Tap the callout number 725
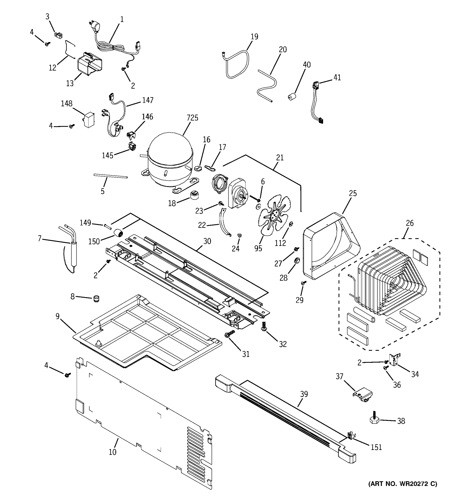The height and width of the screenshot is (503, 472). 192,118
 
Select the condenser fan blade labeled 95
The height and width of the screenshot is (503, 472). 274,215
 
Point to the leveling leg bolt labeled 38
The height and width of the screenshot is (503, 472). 374,420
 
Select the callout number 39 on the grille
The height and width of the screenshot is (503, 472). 304,394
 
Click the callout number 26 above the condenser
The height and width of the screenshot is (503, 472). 409,223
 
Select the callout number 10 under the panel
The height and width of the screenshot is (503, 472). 112,452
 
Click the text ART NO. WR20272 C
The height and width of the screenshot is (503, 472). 402,484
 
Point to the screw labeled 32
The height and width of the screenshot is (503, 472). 264,326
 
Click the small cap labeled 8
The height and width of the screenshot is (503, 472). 96,299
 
